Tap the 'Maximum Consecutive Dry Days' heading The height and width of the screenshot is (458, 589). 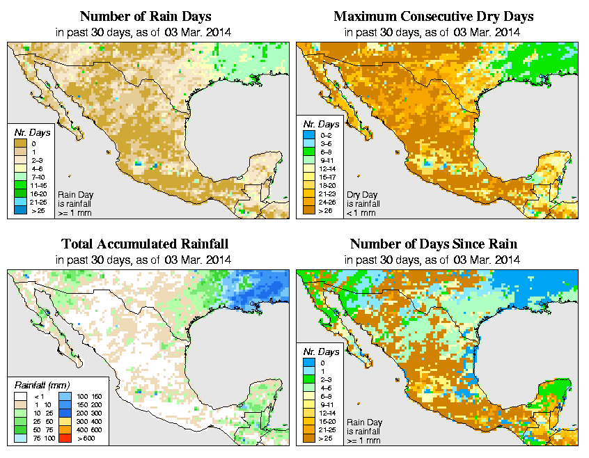433,16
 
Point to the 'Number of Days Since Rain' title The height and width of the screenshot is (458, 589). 433,244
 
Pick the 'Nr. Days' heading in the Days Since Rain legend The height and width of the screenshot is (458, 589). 324,352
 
